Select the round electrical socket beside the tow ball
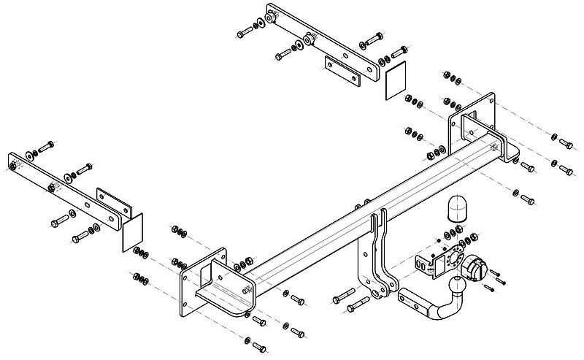(477, 268)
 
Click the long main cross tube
(365, 212)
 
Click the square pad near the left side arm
(134, 233)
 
